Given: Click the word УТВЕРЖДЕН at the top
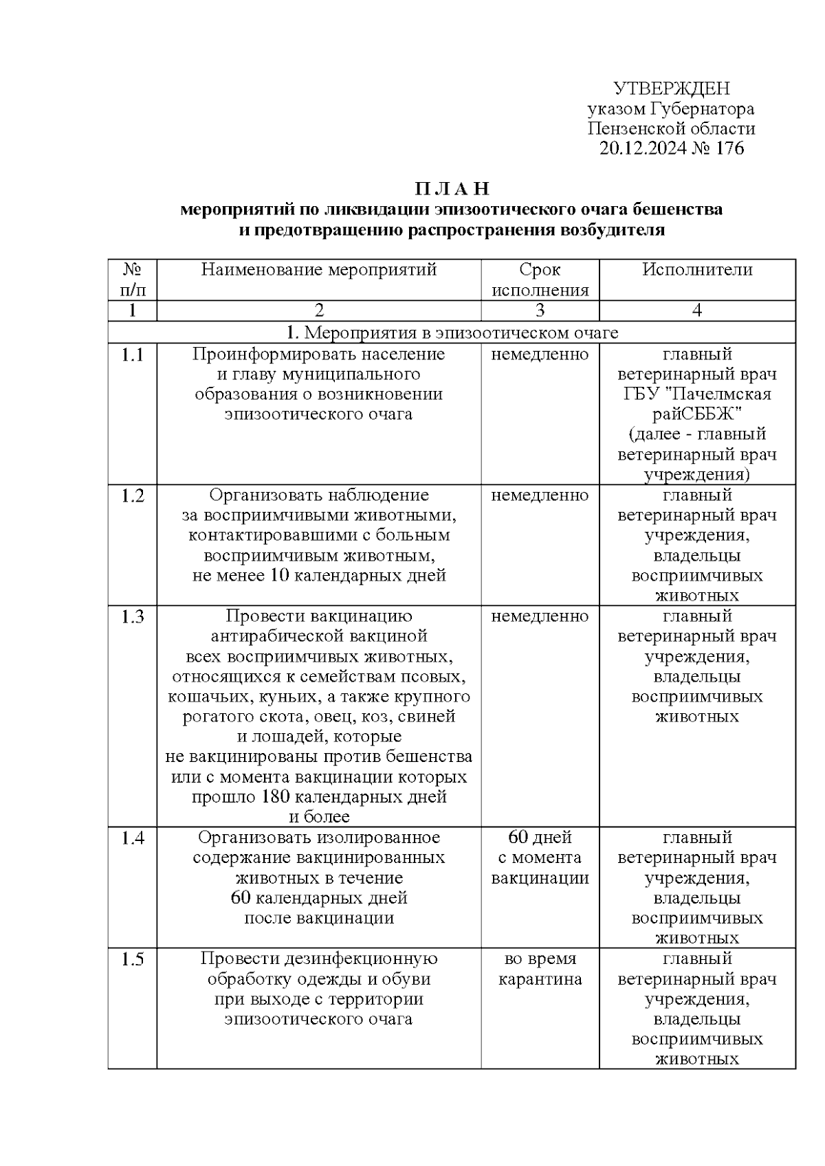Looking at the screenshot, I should pyautogui.click(x=671, y=89).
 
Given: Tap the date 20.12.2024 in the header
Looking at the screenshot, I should pyautogui.click(x=643, y=148).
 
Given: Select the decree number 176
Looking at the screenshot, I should pyautogui.click(x=729, y=148).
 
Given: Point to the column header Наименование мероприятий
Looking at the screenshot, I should pyautogui.click(x=319, y=270).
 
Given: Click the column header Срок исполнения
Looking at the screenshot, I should pyautogui.click(x=540, y=280).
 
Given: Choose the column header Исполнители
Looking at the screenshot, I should pyautogui.click(x=697, y=270).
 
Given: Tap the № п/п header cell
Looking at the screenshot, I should pyautogui.click(x=133, y=280).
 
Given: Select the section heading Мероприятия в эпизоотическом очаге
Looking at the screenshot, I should pyautogui.click(x=452, y=333).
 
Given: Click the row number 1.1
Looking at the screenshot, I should pyautogui.click(x=133, y=355).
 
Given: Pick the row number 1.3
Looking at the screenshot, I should pyautogui.click(x=133, y=617).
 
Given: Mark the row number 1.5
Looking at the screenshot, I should pyautogui.click(x=133, y=959).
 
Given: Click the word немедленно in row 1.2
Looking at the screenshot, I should pyautogui.click(x=540, y=496).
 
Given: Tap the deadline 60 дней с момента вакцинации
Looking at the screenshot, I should pyautogui.click(x=540, y=857).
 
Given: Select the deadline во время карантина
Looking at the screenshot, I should pyautogui.click(x=540, y=969).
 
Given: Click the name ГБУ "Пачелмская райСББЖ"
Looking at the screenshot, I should pyautogui.click(x=697, y=404).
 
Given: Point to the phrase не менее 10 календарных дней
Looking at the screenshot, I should pyautogui.click(x=319, y=576).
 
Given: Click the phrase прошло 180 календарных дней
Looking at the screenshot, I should pyautogui.click(x=319, y=797).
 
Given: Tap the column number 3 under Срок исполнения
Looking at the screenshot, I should pyautogui.click(x=540, y=311).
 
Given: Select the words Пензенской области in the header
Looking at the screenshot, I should pyautogui.click(x=671, y=128).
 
